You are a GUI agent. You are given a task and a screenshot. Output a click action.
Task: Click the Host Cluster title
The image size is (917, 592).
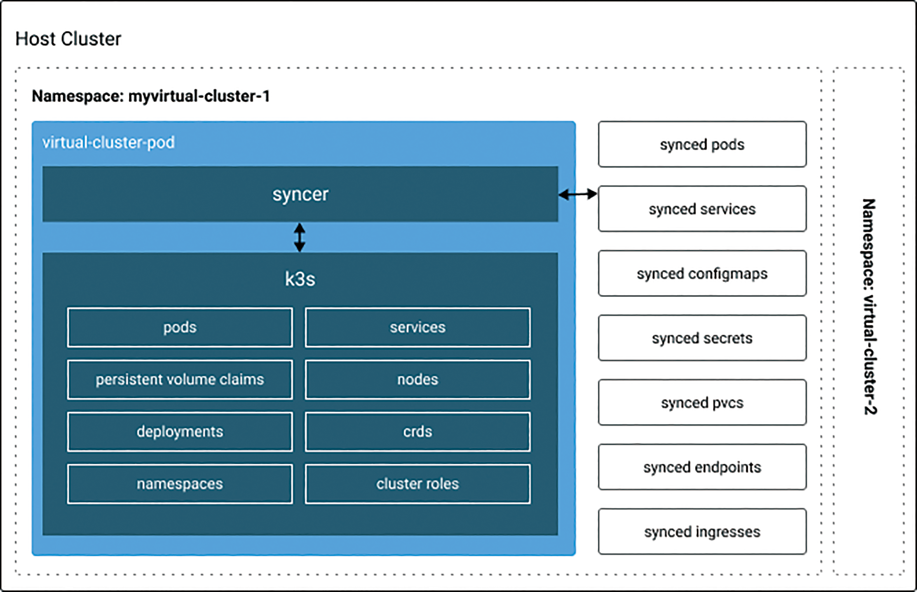[68, 39]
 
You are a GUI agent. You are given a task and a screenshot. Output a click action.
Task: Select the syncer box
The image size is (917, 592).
[300, 194]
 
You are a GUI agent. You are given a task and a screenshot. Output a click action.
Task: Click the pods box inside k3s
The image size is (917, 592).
[180, 327]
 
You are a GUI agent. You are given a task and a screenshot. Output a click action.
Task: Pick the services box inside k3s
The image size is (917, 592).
[417, 327]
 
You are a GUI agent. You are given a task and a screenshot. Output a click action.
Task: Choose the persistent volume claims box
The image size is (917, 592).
[180, 379]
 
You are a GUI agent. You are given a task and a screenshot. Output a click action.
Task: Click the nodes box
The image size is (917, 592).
[417, 379]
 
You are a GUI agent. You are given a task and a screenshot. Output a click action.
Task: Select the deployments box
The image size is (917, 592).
[180, 432]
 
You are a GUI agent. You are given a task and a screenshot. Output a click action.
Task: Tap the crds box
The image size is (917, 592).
[417, 432]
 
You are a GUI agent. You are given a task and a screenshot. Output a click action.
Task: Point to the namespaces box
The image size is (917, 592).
[180, 484]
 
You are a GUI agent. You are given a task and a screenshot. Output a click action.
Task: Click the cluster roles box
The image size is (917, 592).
[417, 484]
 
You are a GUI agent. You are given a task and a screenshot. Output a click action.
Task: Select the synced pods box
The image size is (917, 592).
[702, 144]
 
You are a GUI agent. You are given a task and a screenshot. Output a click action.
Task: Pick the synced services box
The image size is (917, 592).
[702, 209]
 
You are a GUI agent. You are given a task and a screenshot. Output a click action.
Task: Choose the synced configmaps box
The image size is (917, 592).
[702, 273]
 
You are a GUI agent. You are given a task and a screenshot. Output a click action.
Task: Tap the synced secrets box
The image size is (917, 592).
[702, 338]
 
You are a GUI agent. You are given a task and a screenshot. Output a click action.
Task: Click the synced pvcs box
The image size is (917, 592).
[702, 402]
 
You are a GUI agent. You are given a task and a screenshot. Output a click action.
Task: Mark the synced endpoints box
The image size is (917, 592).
[702, 467]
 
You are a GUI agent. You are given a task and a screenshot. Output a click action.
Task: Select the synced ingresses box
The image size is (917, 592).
[702, 532]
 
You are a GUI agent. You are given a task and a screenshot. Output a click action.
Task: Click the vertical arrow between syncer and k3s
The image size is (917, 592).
[300, 238]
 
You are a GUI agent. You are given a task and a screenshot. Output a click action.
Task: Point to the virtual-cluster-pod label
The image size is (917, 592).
[109, 143]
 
